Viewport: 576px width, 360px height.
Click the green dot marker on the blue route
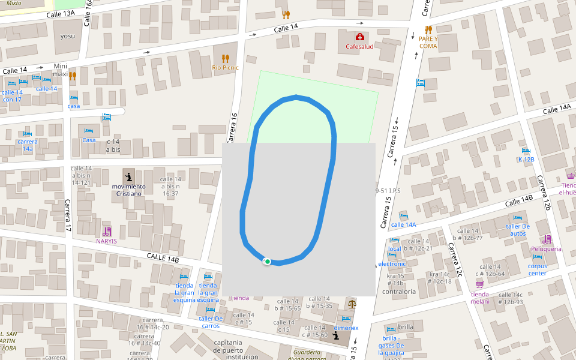coord(267,261)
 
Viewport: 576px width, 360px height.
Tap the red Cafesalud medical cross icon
coord(359,37)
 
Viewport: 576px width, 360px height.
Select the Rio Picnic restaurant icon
coord(225,58)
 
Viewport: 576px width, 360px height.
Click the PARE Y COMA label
coord(428,42)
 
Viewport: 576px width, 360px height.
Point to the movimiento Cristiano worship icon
coord(128,176)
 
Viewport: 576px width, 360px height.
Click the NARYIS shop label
coord(106,241)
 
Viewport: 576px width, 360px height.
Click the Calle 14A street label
coord(556,109)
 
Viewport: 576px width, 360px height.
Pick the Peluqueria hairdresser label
coord(546,248)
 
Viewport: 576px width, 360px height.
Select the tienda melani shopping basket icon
coord(479,283)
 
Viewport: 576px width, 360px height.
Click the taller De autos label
coord(517,229)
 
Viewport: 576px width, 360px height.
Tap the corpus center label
coord(537,269)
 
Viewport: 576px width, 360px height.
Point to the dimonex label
coord(346,328)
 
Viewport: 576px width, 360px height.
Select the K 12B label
coord(526,159)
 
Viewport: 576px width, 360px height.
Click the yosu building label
coord(68,35)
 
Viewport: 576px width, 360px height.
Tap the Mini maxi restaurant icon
coord(73,76)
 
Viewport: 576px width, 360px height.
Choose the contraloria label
coord(399,292)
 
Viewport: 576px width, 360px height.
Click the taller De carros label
coord(211,322)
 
